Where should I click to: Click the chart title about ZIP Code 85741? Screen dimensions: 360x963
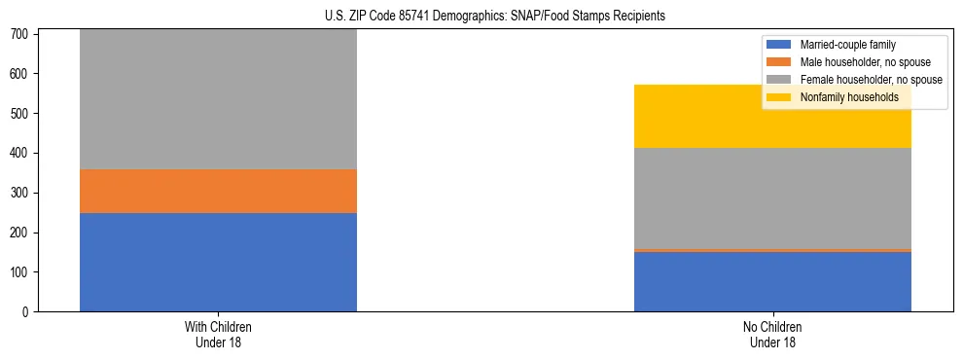pos(495,17)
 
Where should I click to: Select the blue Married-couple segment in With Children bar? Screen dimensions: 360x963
pos(218,262)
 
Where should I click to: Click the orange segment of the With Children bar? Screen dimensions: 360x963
pos(218,191)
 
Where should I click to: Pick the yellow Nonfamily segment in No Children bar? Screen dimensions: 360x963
pos(772,116)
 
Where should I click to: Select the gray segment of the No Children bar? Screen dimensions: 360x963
pos(772,198)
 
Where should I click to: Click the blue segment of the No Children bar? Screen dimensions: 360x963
pos(772,281)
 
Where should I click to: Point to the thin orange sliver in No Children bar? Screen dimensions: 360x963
pos(772,250)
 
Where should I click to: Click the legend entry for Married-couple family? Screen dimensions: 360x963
pos(847,45)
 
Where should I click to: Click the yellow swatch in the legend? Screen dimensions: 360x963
pos(779,97)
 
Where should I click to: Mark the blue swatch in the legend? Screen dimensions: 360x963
pos(779,45)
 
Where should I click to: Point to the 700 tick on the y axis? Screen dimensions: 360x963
pos(22,34)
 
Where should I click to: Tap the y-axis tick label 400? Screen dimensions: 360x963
pos(22,153)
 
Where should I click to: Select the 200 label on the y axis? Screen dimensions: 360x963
pos(22,233)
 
